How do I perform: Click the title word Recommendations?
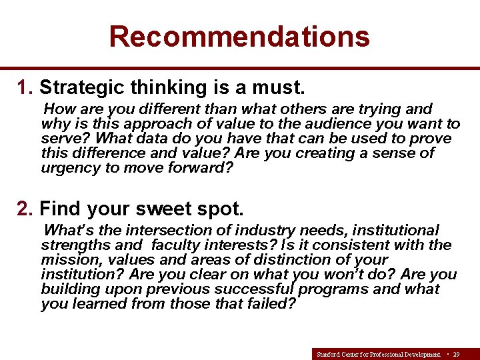click(x=239, y=36)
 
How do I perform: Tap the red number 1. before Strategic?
click(x=25, y=87)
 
